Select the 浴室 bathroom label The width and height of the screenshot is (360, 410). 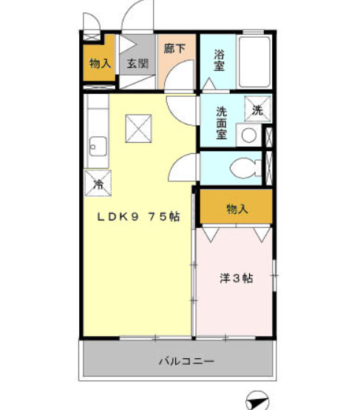(219, 60)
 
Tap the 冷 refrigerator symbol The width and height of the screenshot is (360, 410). (97, 181)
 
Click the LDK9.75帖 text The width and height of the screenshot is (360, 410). (140, 218)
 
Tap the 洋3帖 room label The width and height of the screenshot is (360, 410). (236, 279)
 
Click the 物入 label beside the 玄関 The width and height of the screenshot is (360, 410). (100, 64)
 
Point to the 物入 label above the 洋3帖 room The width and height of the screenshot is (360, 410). (237, 209)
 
